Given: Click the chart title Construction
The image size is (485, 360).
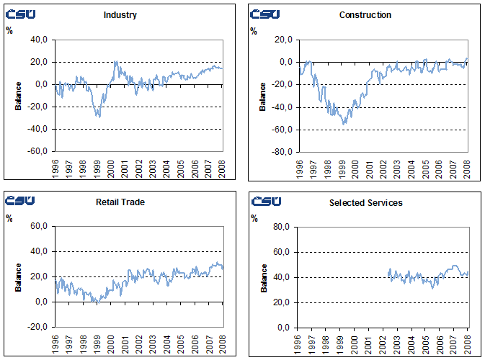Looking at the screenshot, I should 365,15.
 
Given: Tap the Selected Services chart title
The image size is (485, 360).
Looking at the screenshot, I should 365,202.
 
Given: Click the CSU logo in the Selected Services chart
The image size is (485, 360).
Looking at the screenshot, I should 265,202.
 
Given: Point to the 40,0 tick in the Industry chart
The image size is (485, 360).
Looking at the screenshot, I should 39,40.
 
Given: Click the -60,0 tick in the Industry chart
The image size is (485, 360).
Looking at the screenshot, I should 37,152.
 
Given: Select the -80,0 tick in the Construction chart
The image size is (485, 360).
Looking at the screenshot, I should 282,152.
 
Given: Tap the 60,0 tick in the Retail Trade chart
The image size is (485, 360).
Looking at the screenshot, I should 39,227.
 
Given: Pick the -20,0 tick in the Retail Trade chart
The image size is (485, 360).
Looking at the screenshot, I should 37,327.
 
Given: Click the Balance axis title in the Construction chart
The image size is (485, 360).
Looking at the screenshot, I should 263,96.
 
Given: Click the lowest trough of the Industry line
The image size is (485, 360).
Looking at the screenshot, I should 99,116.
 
